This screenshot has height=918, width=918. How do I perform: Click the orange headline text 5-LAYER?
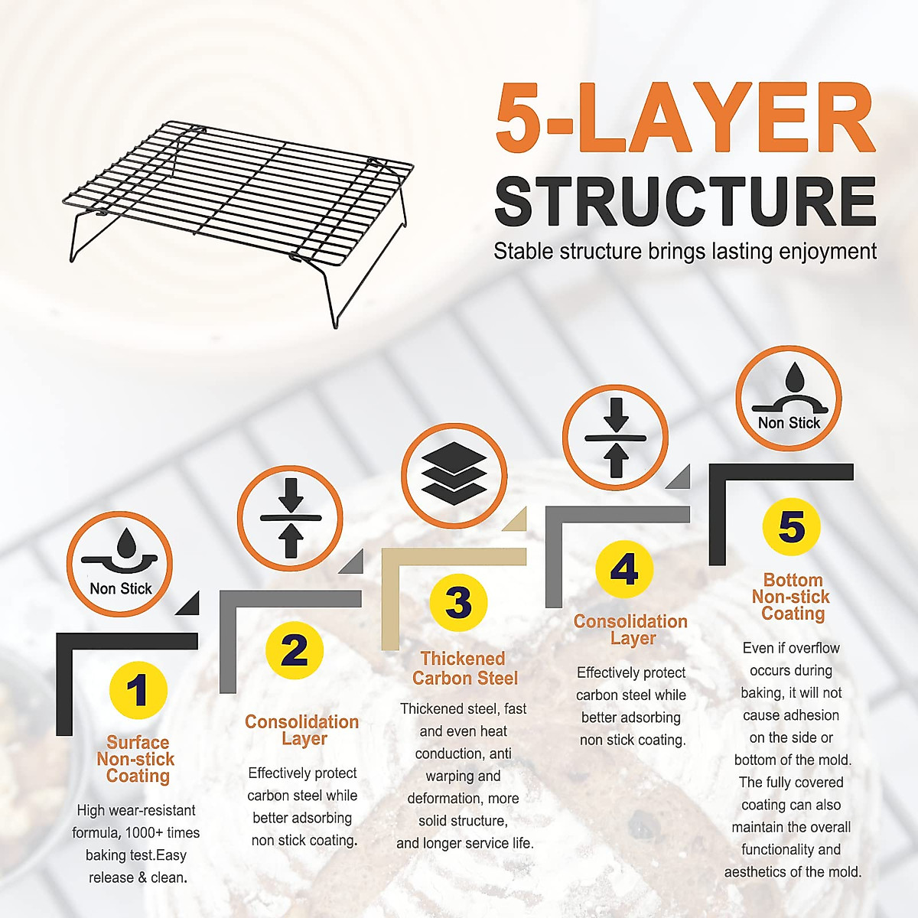click(x=685, y=119)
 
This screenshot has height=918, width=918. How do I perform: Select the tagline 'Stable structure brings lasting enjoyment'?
click(x=685, y=252)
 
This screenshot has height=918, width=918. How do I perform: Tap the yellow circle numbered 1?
click(x=138, y=690)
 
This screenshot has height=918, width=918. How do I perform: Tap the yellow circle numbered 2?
click(x=295, y=651)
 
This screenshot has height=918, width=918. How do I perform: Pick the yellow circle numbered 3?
click(x=458, y=602)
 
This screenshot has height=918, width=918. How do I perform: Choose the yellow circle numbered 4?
click(x=624, y=569)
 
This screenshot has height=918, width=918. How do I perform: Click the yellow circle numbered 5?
click(x=791, y=527)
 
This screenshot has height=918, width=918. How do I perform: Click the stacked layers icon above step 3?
click(x=454, y=475)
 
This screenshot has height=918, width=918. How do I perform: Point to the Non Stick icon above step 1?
click(x=120, y=565)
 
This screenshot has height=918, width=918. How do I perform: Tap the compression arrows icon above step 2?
click(x=290, y=518)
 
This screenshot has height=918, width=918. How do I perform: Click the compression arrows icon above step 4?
click(x=616, y=438)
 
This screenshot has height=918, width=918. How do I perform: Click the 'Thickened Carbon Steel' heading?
click(x=464, y=669)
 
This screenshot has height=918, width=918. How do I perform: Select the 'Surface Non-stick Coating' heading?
click(x=137, y=759)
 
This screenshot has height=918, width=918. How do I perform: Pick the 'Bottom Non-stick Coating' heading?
click(x=792, y=597)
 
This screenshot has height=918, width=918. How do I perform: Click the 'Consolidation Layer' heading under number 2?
click(x=302, y=730)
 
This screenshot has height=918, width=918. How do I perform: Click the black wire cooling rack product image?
click(x=237, y=214)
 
